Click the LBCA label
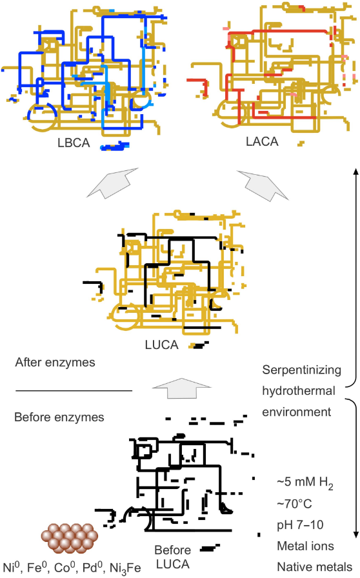point(74,143)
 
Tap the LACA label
point(262,141)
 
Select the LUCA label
point(161,344)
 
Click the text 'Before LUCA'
point(172,557)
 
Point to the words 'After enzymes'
point(55,363)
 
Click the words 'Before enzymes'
point(59,417)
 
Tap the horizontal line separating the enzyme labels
point(74,390)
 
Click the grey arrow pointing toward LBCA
point(112,183)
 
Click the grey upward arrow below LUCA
point(181,388)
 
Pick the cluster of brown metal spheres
point(69,538)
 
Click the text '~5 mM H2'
point(305,483)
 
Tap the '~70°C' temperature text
point(294,503)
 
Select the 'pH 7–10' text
point(300,524)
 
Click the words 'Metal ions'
point(305,546)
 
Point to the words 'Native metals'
point(315,566)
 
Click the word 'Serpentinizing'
point(302,370)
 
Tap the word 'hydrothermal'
point(299,391)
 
